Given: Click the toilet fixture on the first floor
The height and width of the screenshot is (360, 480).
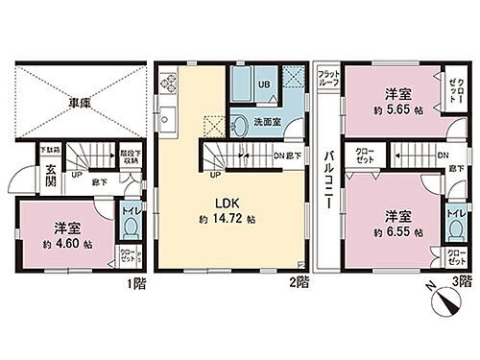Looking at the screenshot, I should [129, 228].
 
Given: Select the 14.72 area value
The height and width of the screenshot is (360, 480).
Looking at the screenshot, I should [235, 218].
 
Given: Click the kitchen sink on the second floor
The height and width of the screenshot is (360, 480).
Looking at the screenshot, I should [165, 119].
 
